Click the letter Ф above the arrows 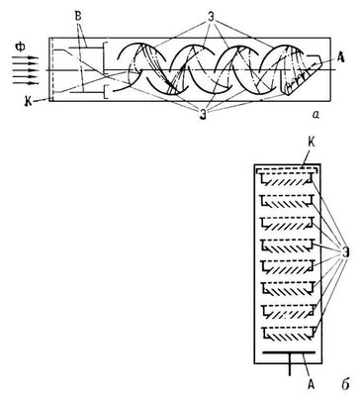(x=20, y=48)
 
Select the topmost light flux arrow (x=25, y=58)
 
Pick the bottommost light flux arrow (x=25, y=83)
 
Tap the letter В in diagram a (x=78, y=17)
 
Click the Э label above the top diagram (x=211, y=17)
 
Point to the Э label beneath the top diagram (x=203, y=115)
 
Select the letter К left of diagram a (x=29, y=102)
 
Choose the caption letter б (x=345, y=384)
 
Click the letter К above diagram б (x=312, y=143)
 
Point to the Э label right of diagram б (x=345, y=251)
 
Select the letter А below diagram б (x=311, y=384)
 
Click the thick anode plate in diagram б (x=289, y=352)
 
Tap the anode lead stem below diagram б (x=290, y=364)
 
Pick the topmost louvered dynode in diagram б (x=286, y=180)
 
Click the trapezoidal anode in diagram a (x=302, y=76)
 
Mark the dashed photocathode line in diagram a (x=52, y=69)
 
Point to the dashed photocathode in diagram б (x=287, y=169)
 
